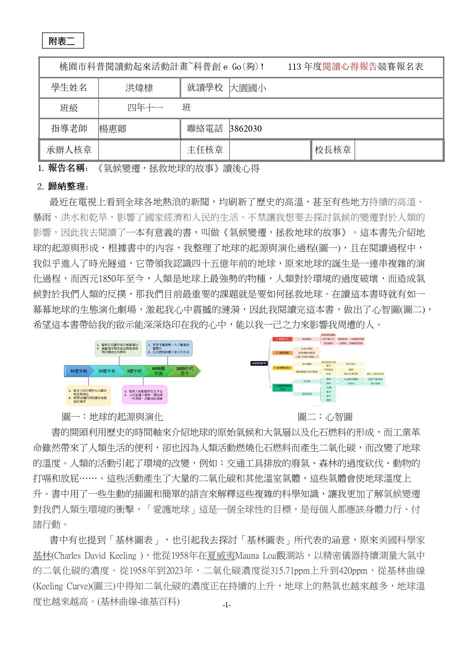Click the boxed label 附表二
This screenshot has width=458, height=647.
pyautogui.click(x=63, y=41)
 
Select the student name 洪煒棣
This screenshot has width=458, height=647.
pyautogui.click(x=139, y=88)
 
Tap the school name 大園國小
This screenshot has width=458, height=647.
pyautogui.click(x=248, y=88)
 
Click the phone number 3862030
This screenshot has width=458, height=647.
pyautogui.click(x=245, y=129)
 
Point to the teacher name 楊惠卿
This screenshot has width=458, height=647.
pyautogui.click(x=113, y=129)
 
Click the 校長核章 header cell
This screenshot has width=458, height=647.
pyautogui.click(x=333, y=150)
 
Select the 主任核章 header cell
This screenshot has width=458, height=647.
pyautogui.click(x=205, y=150)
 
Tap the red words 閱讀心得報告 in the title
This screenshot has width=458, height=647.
pyautogui.click(x=349, y=67)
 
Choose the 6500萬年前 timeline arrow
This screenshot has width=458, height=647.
pyautogui.click(x=158, y=371)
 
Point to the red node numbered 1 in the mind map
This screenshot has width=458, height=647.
pyautogui.click(x=282, y=339)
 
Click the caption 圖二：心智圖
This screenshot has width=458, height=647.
pyautogui.click(x=325, y=417)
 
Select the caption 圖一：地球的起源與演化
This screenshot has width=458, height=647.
pyautogui.click(x=113, y=417)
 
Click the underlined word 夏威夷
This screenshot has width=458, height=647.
pyautogui.click(x=221, y=556)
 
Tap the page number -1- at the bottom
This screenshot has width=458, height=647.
pyautogui.click(x=227, y=605)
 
